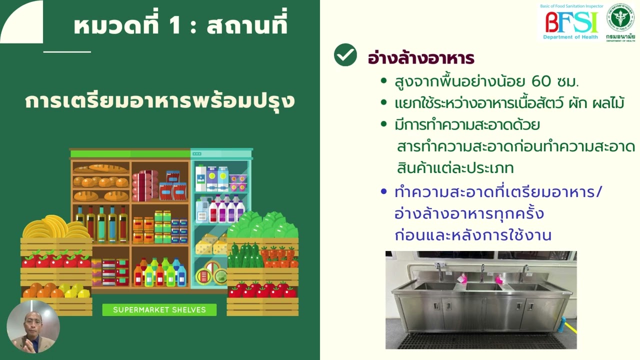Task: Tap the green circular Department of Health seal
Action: click(x=620, y=17)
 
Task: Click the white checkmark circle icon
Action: click(x=345, y=55)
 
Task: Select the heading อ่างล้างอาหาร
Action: click(x=421, y=58)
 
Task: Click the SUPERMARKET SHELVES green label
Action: click(x=159, y=310)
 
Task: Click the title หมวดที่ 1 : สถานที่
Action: click(x=180, y=26)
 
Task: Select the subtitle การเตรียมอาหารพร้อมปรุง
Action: click(x=160, y=101)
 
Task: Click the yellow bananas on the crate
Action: click(x=55, y=228)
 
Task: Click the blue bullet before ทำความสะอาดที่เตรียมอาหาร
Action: click(x=383, y=191)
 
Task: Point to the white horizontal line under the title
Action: click(x=67, y=51)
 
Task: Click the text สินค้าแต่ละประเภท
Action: click(x=455, y=167)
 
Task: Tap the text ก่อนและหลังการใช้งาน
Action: click(x=473, y=235)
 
